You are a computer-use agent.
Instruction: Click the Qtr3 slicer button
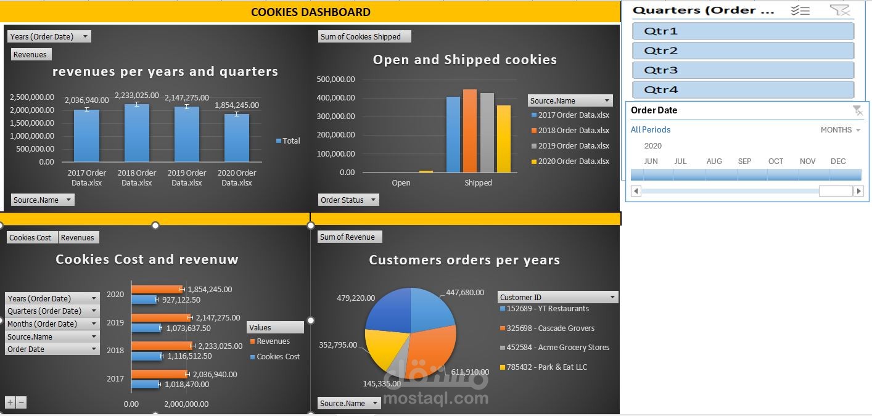[x=742, y=70]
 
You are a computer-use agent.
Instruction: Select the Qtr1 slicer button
[x=742, y=31]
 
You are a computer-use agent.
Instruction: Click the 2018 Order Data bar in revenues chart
[x=136, y=133]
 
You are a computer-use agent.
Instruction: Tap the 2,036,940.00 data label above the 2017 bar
[x=87, y=100]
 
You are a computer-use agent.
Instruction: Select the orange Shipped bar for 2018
[x=470, y=131]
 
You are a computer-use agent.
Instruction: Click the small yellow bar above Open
[x=426, y=171]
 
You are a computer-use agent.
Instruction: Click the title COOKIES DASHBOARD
[x=311, y=12]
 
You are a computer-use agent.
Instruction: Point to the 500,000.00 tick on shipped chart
[x=335, y=79]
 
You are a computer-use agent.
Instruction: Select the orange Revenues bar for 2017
[x=158, y=374]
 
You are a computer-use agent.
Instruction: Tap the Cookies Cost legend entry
[x=278, y=357]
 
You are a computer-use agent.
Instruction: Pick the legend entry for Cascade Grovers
[x=550, y=328]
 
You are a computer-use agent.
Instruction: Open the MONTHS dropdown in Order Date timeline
[x=840, y=130]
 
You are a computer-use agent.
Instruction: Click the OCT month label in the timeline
[x=775, y=161]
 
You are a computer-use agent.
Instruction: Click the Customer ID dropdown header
[x=557, y=297]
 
